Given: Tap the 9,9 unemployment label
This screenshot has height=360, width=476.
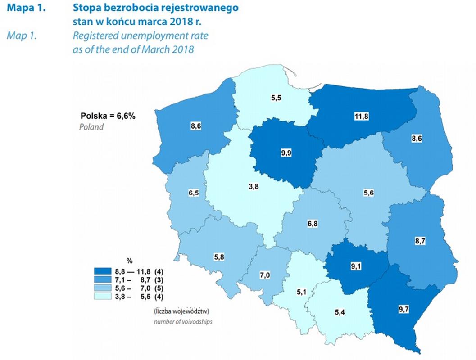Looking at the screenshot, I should click(286, 153).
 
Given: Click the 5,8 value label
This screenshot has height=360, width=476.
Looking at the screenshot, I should click(219, 256).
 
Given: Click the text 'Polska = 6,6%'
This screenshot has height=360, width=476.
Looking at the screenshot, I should click(108, 116).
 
